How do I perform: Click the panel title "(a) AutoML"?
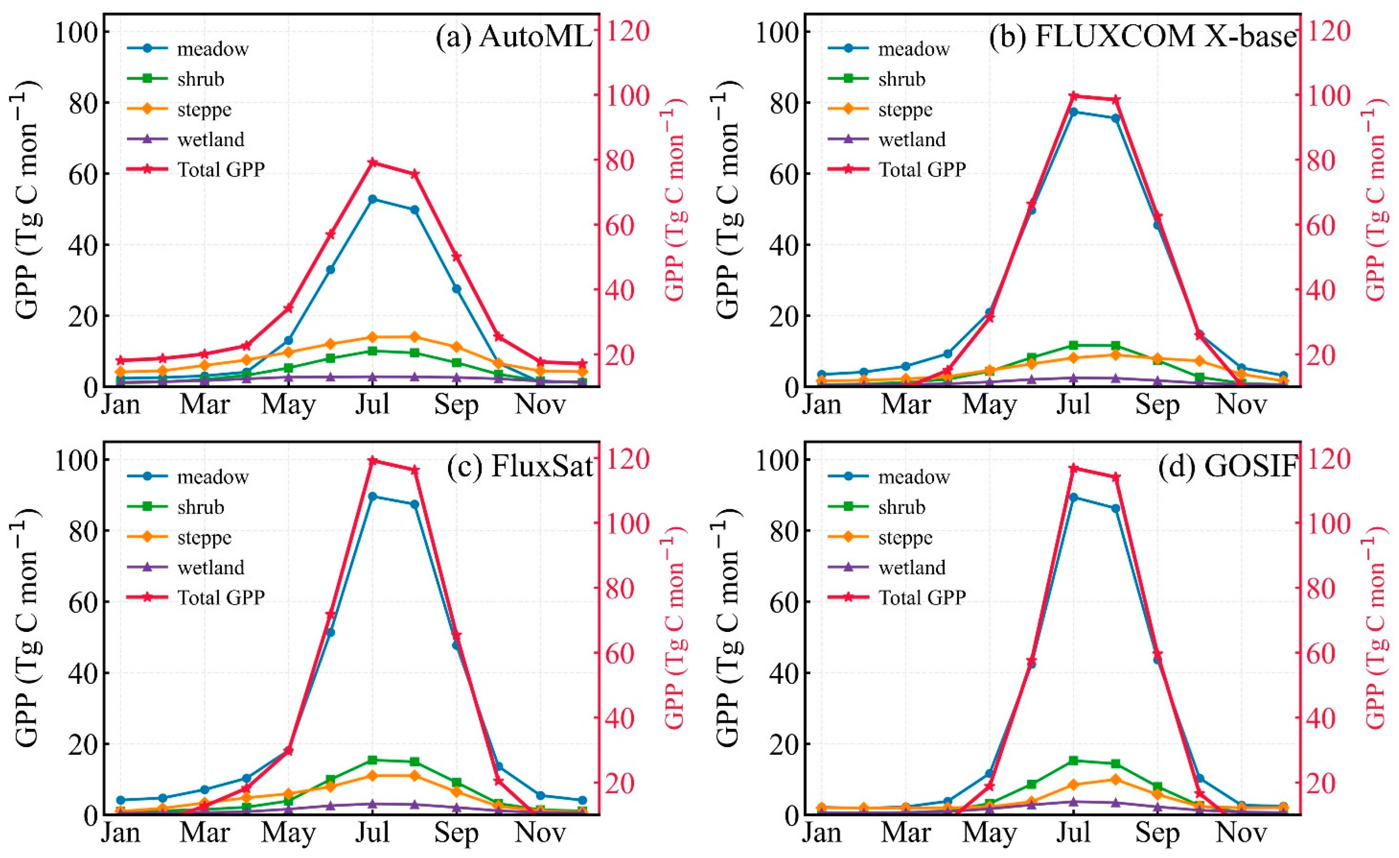(514, 37)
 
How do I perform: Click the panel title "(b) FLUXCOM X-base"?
(1142, 37)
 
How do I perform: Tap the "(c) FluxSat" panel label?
(519, 467)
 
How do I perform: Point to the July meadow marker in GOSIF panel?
(1073, 497)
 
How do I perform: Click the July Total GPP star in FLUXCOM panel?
(1073, 96)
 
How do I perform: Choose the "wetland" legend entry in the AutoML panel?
(210, 139)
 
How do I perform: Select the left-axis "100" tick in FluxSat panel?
(77, 460)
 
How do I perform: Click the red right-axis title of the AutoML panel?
(675, 198)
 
